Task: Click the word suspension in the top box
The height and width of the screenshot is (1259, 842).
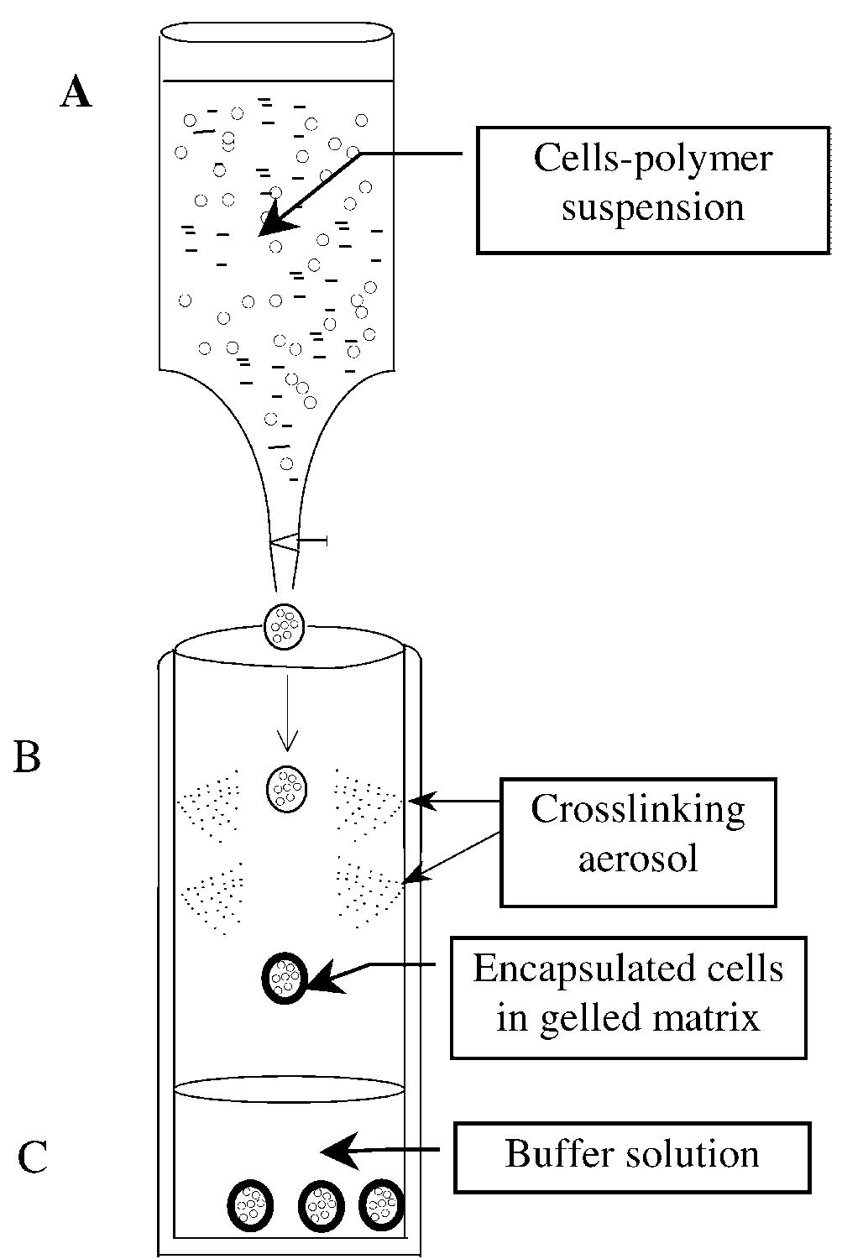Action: (652, 207)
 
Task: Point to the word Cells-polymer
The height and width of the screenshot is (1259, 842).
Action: (652, 159)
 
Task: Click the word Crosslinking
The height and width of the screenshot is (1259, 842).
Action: (637, 809)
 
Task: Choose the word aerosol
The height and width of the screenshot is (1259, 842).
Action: (637, 859)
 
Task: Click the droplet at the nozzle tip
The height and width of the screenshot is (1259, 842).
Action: (285, 626)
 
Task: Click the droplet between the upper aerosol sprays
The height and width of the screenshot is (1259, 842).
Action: (288, 788)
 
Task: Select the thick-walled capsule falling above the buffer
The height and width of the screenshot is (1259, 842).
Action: (285, 978)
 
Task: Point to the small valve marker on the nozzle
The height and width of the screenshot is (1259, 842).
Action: (299, 543)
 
